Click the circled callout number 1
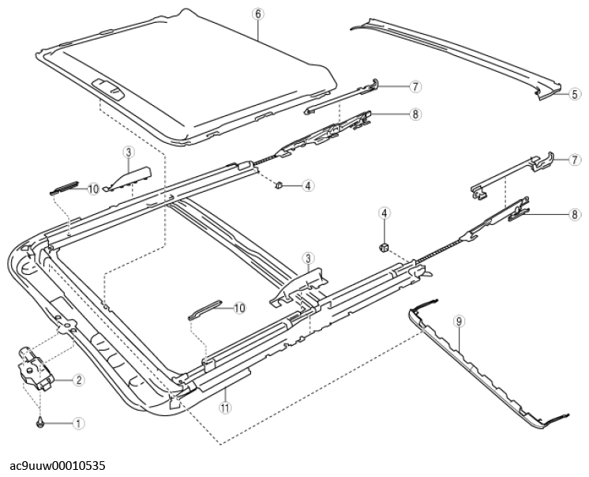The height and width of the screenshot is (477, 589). point(78,423)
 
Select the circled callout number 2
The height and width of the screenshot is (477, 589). point(78,380)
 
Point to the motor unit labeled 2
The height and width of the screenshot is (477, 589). point(36,369)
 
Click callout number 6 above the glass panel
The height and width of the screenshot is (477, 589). point(257,14)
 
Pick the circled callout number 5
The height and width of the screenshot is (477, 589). point(575,93)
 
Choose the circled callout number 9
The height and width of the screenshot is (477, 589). point(459,321)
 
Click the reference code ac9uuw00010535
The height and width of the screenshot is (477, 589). point(58,466)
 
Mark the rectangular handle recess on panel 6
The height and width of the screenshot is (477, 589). point(108,89)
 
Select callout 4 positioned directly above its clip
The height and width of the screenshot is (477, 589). point(384,213)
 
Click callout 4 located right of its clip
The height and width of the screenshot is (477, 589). point(308,186)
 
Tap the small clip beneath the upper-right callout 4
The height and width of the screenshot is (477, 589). point(383,247)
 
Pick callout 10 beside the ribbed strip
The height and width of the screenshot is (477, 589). point(93,189)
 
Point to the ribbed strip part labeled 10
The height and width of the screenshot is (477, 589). point(64,188)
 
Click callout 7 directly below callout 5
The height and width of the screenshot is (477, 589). point(575,160)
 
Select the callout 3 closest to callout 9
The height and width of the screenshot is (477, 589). point(309,259)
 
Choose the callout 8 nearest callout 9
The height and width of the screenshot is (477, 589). point(575,216)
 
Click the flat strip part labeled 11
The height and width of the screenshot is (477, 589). point(224,379)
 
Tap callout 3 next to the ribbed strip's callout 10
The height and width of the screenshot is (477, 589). point(128,152)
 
